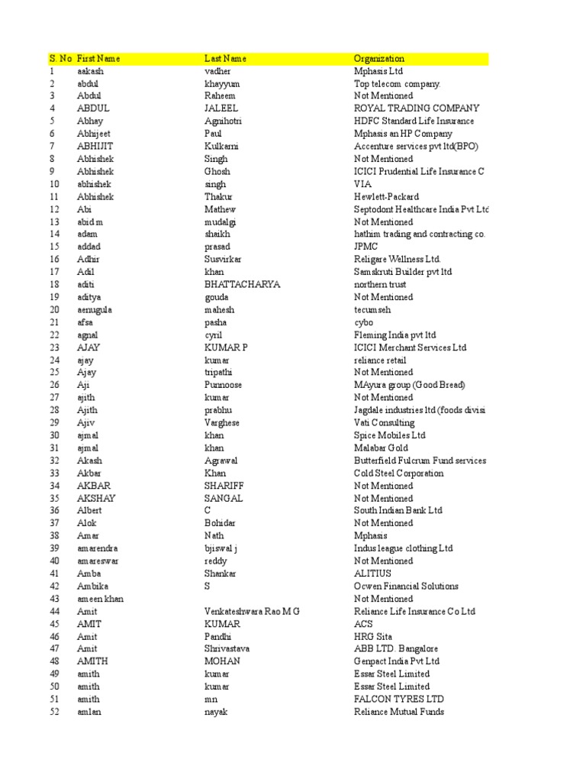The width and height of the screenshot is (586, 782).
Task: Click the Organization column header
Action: [379, 59]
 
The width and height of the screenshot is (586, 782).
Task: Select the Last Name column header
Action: [225, 59]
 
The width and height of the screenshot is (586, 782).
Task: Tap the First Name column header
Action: [98, 59]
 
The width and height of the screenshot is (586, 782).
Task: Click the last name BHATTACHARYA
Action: [242, 284]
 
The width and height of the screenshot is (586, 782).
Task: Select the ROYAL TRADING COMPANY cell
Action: [417, 108]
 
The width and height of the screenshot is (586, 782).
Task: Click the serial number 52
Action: [54, 712]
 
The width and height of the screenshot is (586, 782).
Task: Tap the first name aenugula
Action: [95, 309]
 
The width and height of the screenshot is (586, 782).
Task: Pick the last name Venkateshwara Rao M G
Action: [252, 611]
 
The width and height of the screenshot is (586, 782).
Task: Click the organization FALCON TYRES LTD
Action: [398, 699]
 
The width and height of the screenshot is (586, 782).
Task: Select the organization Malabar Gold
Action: [381, 448]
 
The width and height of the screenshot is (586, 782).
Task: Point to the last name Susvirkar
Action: [223, 259]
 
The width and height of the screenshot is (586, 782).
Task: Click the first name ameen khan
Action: [100, 599]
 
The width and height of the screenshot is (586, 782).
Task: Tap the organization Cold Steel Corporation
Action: [398, 473]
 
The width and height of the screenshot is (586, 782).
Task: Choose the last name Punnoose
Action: [223, 385]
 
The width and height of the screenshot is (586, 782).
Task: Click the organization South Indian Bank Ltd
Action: [398, 510]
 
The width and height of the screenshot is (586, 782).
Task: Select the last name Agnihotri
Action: [222, 121]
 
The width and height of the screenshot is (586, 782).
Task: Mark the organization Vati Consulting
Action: [384, 422]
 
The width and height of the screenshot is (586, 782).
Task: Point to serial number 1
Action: [52, 71]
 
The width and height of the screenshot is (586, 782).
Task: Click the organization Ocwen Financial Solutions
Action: [406, 586]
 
